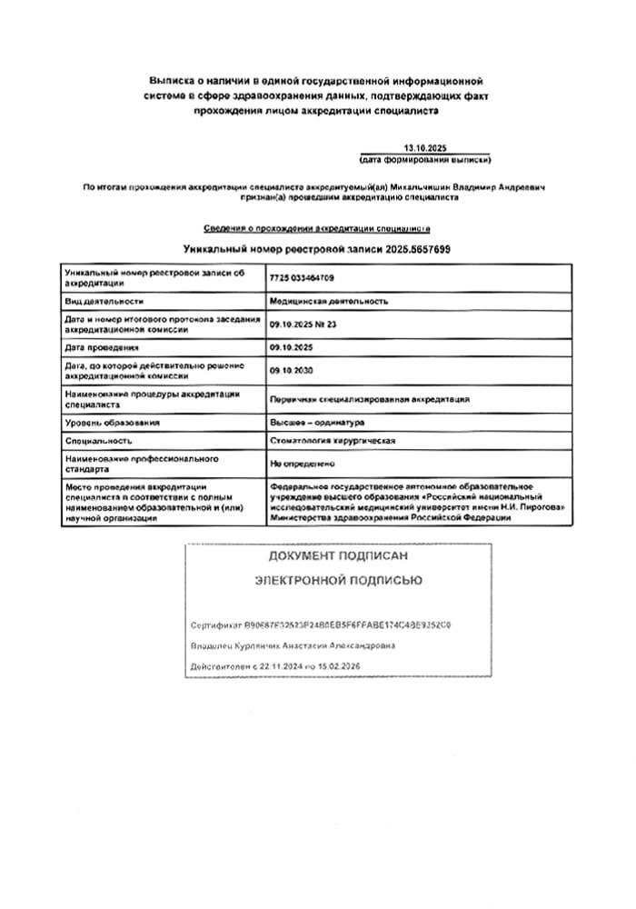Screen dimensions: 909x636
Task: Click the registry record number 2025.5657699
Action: pyautogui.click(x=418, y=248)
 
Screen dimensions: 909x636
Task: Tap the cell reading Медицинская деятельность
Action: pyautogui.click(x=329, y=300)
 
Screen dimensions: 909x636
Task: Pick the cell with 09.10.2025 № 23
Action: pyautogui.click(x=303, y=323)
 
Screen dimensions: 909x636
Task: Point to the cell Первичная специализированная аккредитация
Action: pyautogui.click(x=369, y=399)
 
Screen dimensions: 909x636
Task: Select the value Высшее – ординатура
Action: pyautogui.click(x=316, y=422)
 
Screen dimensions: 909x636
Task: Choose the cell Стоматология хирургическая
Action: pyautogui.click(x=333, y=441)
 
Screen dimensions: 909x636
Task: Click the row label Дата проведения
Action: pyautogui.click(x=101, y=347)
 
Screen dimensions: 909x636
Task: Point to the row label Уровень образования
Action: pyautogui.click(x=112, y=422)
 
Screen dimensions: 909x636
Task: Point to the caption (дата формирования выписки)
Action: pyautogui.click(x=425, y=160)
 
